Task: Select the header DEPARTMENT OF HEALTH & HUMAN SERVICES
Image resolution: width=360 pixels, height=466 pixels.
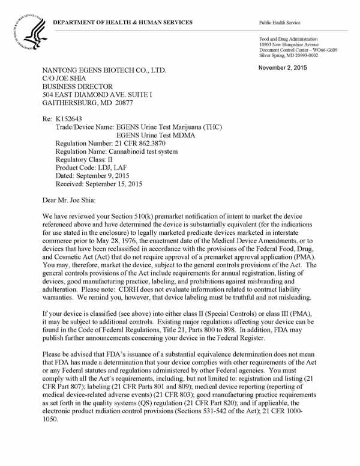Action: click(x=122, y=22)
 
